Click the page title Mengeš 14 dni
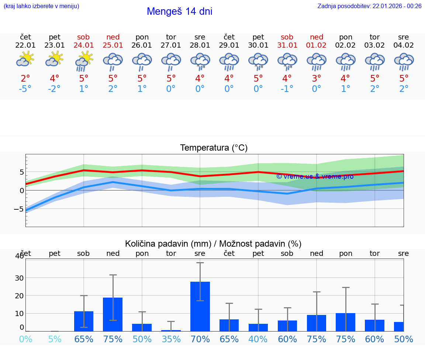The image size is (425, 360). click(179, 11)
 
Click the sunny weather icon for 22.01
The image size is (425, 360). click(25, 59)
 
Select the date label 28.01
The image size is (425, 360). click(200, 45)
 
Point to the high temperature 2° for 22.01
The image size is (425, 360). click(25, 79)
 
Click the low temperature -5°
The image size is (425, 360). click(25, 89)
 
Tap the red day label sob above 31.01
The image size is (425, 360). click(287, 37)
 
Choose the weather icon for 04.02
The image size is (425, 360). click(404, 62)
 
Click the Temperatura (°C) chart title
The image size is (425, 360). click(214, 148)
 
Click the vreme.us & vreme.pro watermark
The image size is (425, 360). click(315, 176)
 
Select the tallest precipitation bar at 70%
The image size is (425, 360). click(200, 306)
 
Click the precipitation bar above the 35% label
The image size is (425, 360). click(171, 330)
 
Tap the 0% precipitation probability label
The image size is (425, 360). click(25, 339)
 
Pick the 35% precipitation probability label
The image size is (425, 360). click(171, 339)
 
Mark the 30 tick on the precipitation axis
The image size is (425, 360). click(19, 278)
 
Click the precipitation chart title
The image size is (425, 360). click(213, 244)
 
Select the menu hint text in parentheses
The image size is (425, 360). click(41, 6)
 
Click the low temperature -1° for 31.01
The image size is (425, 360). click(287, 89)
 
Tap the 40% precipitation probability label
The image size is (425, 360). click(258, 339)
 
